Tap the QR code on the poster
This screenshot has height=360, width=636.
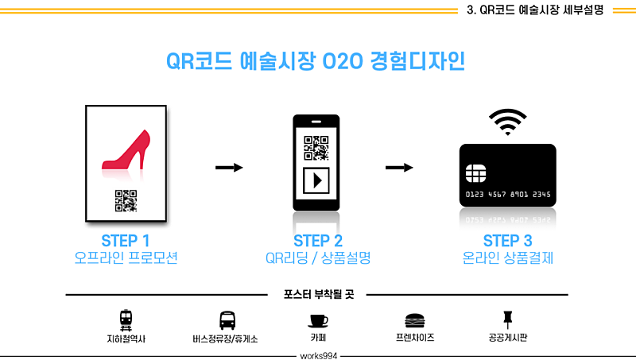[x=126, y=201]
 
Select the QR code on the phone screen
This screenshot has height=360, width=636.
[x=316, y=148]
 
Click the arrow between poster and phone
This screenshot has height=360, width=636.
[x=229, y=168]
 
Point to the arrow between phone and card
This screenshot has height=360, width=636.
[x=399, y=168]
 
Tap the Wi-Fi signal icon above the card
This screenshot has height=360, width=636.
[x=507, y=122]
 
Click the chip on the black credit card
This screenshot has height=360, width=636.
[x=475, y=173]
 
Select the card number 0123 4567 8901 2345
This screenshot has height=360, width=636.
[x=508, y=195]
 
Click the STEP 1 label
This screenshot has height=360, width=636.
[x=126, y=241]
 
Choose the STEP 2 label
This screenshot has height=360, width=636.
[x=318, y=241]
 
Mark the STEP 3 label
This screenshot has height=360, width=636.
[x=508, y=241]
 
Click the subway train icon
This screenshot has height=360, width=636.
[x=126, y=320]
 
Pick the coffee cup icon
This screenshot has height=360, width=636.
[x=318, y=321]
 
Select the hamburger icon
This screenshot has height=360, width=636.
[x=414, y=321]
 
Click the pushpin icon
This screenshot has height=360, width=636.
[x=507, y=319]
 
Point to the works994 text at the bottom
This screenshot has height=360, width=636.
[x=319, y=356]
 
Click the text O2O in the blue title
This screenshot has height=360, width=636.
[x=343, y=62]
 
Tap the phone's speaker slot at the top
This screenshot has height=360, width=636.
[x=316, y=122]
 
